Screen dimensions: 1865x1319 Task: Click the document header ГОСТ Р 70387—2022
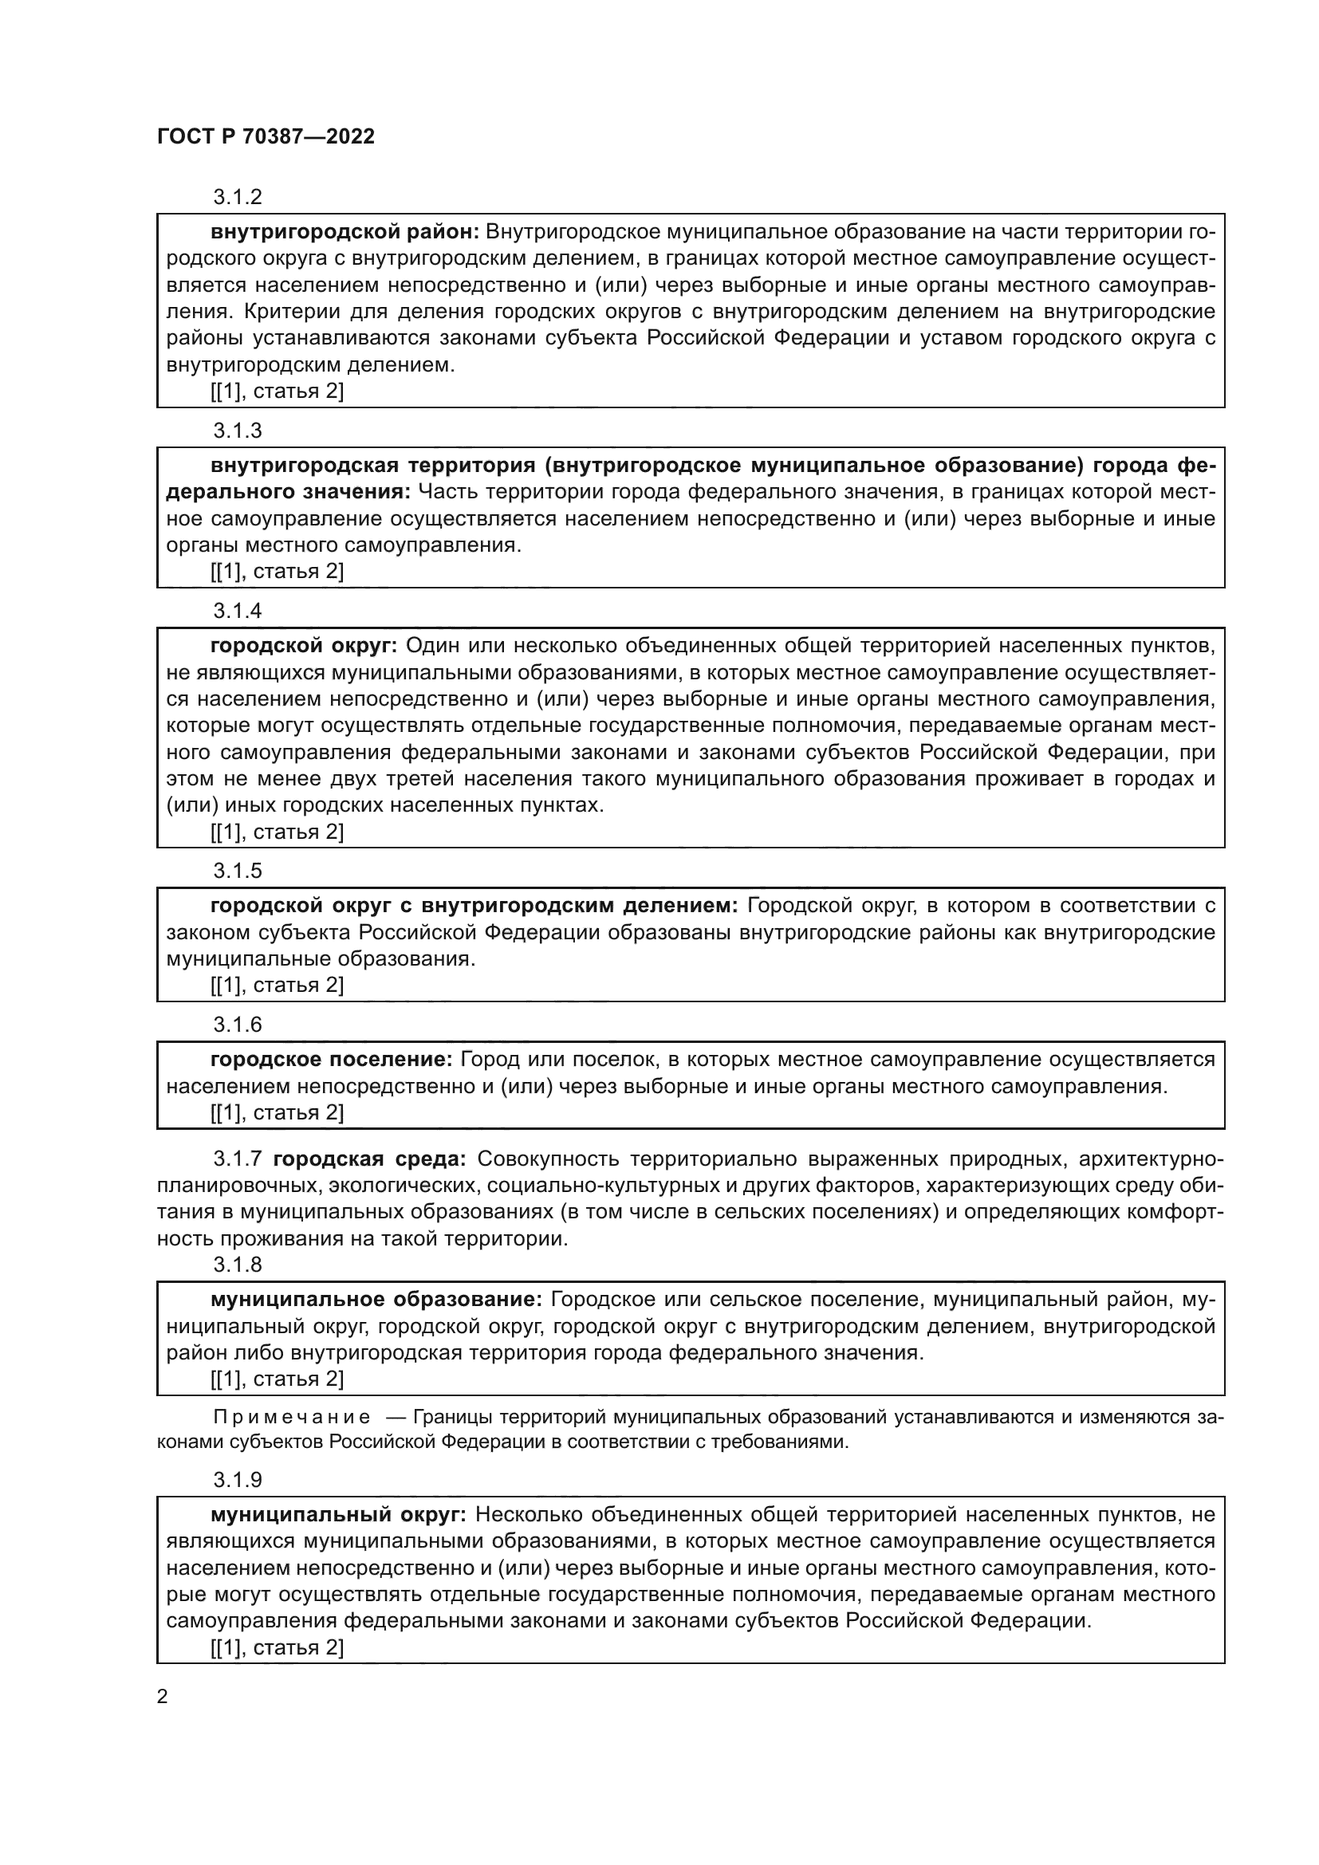pos(266,136)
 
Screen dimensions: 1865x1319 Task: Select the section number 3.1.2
pos(237,197)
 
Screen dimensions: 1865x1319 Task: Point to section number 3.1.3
pos(237,430)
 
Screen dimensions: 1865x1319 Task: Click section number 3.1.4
pos(237,610)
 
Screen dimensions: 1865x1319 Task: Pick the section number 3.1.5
pos(237,871)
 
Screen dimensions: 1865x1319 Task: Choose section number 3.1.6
pos(237,1025)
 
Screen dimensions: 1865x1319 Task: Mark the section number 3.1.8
pos(237,1265)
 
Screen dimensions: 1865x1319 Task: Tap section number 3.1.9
pos(237,1479)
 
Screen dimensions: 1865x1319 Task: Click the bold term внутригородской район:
pos(345,232)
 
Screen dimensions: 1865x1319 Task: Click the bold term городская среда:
pos(370,1159)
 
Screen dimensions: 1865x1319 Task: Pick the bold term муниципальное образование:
pos(376,1300)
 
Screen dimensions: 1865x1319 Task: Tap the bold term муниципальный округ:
pos(338,1514)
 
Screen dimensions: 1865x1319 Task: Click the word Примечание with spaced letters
pos(292,1418)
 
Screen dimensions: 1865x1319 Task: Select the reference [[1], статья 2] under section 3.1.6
pos(277,1112)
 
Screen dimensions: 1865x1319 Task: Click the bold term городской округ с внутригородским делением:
pos(474,906)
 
